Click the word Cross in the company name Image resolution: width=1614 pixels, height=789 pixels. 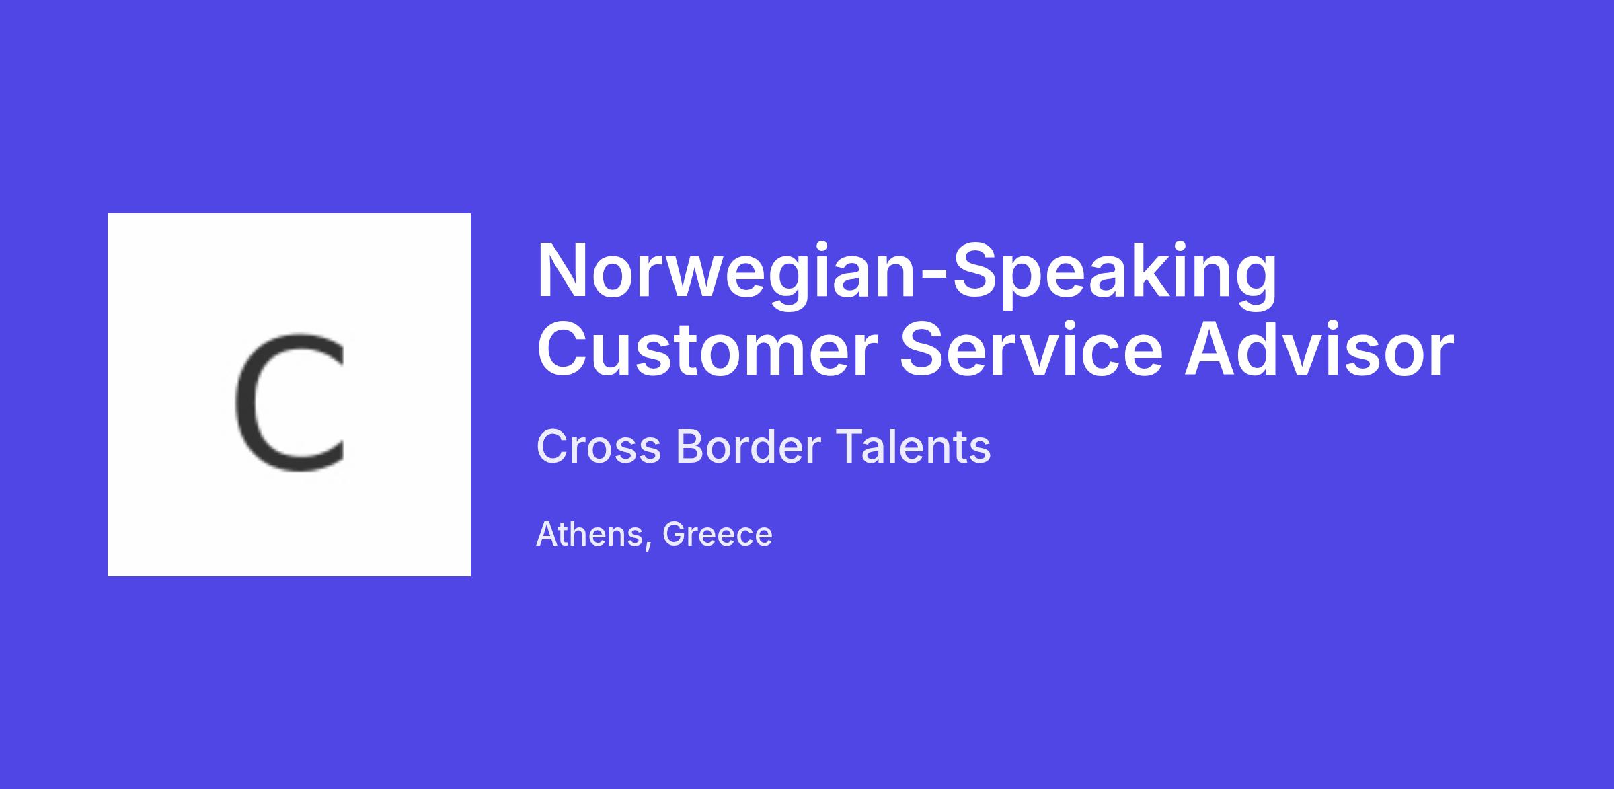coord(599,447)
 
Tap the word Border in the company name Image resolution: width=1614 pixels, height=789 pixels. coord(748,447)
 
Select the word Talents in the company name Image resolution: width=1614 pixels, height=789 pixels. coord(913,447)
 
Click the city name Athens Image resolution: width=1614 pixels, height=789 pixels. coord(590,535)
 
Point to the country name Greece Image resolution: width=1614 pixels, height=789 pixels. coord(717,535)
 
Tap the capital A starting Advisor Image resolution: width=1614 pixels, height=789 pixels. coord(1210,350)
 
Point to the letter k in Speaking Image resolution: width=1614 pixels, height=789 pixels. coord(1147,269)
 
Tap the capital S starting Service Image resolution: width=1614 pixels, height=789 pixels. coord(922,350)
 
